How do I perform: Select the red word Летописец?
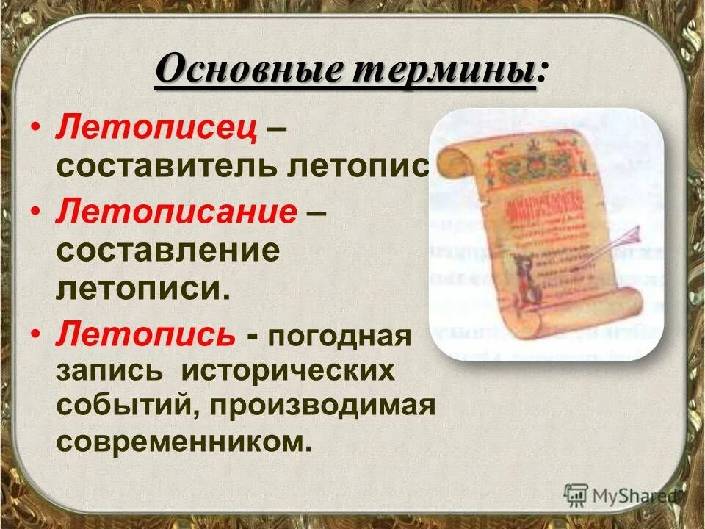pos(156,129)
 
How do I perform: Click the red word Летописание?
pos(176,213)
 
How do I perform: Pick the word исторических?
pos(289,370)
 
